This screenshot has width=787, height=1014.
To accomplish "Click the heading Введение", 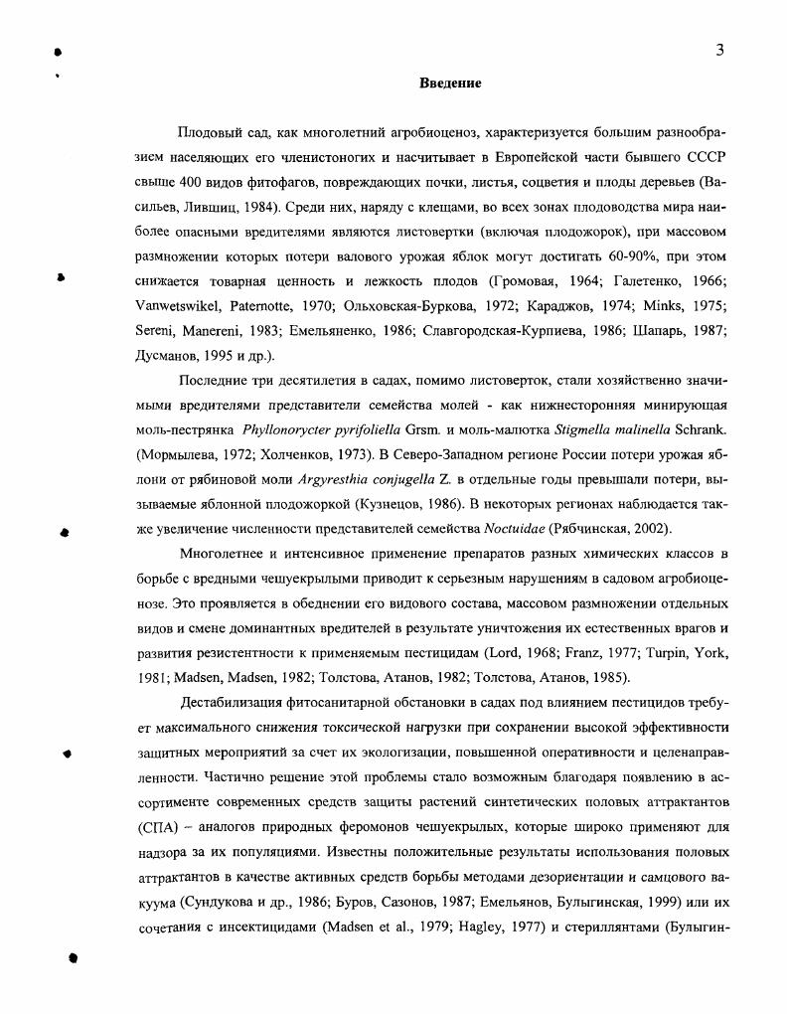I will (x=449, y=84).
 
